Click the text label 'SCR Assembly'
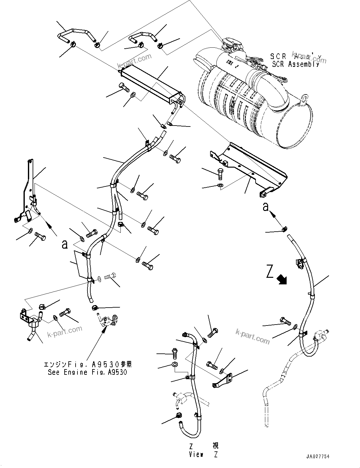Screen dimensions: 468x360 [296, 64]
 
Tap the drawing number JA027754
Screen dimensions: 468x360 [318, 457]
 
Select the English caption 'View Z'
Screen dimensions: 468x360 [204, 455]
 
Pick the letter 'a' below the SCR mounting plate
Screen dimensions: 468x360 [266, 207]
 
